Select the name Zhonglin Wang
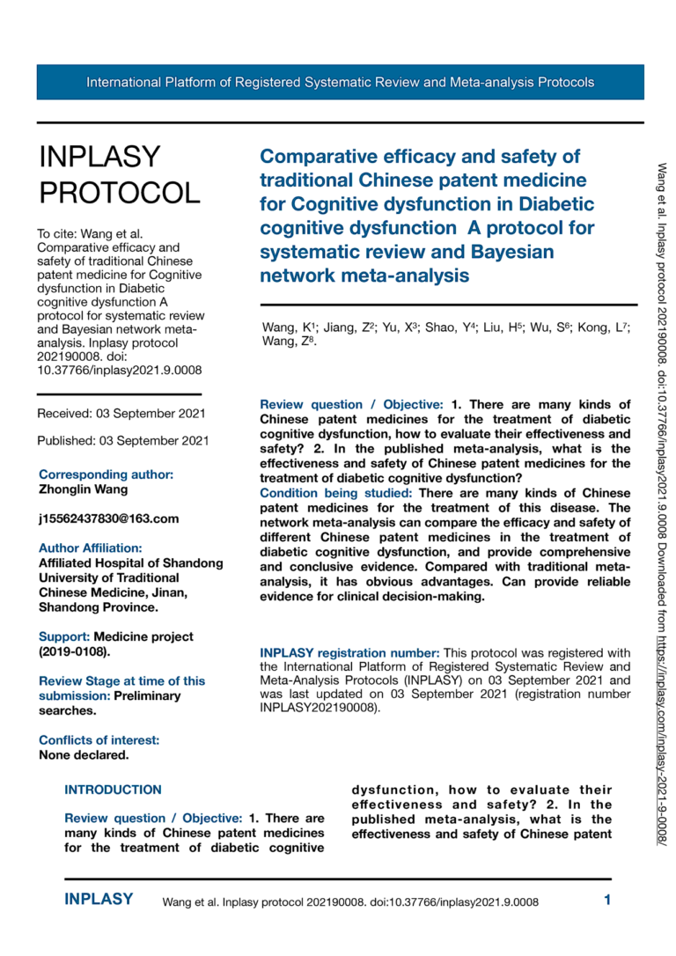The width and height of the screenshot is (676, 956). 83,489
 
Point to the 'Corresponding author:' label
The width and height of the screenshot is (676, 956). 106,474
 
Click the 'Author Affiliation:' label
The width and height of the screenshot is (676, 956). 90,548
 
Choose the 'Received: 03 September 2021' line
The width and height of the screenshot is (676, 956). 121,413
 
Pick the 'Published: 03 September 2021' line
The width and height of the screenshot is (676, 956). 123,439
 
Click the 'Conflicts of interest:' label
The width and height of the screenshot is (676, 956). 99,740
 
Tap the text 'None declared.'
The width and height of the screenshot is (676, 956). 84,755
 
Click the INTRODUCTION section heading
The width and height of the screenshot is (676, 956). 113,790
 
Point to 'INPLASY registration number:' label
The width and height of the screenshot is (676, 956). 349,653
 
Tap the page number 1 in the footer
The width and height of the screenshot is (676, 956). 606,900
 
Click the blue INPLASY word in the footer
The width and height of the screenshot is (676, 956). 99,900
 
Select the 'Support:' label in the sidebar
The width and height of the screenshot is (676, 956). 64,636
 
